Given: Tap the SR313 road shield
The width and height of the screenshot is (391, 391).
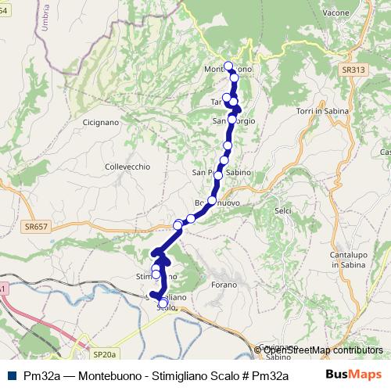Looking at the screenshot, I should [353, 70].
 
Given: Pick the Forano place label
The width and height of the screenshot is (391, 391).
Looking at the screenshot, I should [223, 285].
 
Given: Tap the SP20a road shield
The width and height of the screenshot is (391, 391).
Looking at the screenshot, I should [104, 354].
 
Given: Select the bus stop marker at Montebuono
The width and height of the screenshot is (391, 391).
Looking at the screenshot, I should [228, 66].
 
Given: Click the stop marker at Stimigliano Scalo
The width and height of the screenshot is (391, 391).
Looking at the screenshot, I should [163, 303].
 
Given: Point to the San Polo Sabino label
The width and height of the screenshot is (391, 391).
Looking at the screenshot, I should [220, 172].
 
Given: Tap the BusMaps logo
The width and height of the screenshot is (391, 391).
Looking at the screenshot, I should [353, 375].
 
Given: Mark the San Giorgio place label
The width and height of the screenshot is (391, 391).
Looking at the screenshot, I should [234, 120].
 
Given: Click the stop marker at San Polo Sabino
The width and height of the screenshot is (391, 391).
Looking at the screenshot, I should [218, 174].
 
